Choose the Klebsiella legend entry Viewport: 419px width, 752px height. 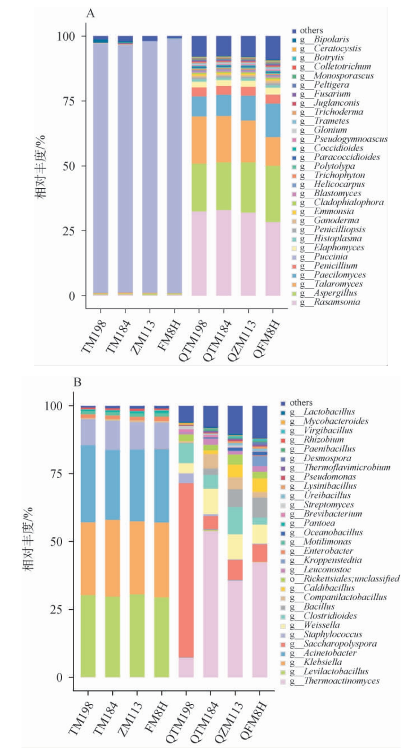323,662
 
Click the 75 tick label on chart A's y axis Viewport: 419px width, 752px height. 67,101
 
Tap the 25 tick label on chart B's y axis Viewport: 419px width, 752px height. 56,609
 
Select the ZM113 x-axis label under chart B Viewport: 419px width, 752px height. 130,707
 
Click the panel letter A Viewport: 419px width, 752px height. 90,14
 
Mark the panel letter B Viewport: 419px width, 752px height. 78,383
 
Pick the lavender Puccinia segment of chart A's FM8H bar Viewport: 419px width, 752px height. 174,166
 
